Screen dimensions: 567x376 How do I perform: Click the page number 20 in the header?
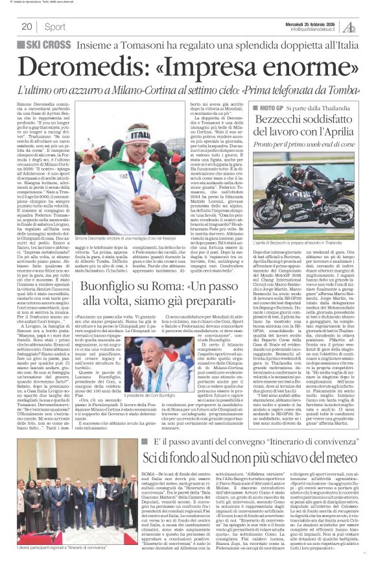click(x=27, y=27)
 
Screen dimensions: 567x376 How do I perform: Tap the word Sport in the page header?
click(x=54, y=27)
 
